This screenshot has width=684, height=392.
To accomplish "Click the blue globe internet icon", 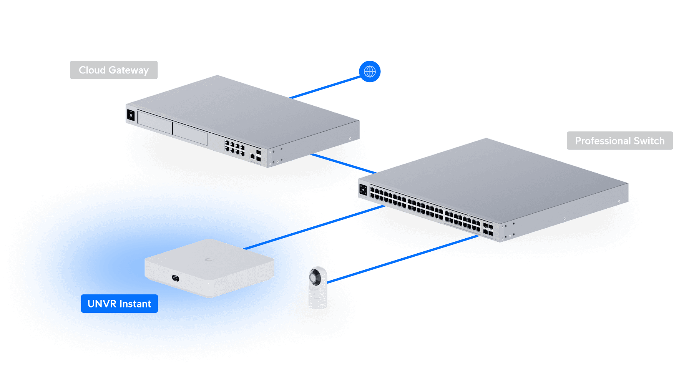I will click(x=370, y=71).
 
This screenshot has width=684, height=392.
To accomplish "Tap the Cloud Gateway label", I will click(x=114, y=70).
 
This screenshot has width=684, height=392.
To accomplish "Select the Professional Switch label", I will click(x=619, y=141).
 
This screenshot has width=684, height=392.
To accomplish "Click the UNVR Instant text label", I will click(x=119, y=304).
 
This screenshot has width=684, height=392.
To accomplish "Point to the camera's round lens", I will click(x=315, y=277).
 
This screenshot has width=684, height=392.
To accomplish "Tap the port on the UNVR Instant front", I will click(x=175, y=277).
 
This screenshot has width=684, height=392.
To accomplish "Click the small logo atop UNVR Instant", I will click(x=209, y=260).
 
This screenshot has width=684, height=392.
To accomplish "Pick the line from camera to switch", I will click(x=403, y=259).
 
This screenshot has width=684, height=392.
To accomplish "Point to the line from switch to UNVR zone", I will click(x=344, y=218).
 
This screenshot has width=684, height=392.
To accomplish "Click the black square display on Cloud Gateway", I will click(x=131, y=115).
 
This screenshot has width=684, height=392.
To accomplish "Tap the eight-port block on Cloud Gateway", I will click(x=235, y=148).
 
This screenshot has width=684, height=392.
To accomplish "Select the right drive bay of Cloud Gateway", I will click(x=190, y=134).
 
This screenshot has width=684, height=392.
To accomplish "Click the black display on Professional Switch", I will click(x=363, y=190).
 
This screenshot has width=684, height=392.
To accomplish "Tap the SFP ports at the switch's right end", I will click(x=488, y=229).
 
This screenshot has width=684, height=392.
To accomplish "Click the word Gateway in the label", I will click(x=129, y=70).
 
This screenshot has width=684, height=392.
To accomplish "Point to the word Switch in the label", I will click(x=649, y=141).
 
